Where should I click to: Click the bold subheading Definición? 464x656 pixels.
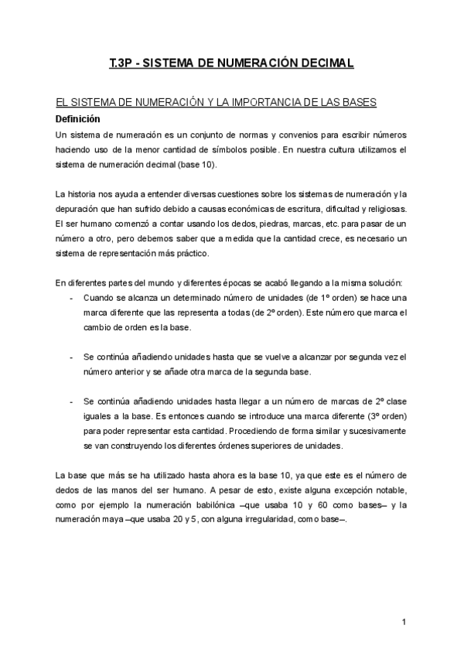[x=78, y=119]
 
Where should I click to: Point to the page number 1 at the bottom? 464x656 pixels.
[x=404, y=623]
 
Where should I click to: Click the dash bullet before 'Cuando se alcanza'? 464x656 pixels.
[x=71, y=298]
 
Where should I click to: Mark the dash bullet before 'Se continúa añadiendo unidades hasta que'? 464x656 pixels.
[x=71, y=357]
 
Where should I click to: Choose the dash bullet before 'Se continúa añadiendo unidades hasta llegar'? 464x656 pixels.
[x=71, y=401]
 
